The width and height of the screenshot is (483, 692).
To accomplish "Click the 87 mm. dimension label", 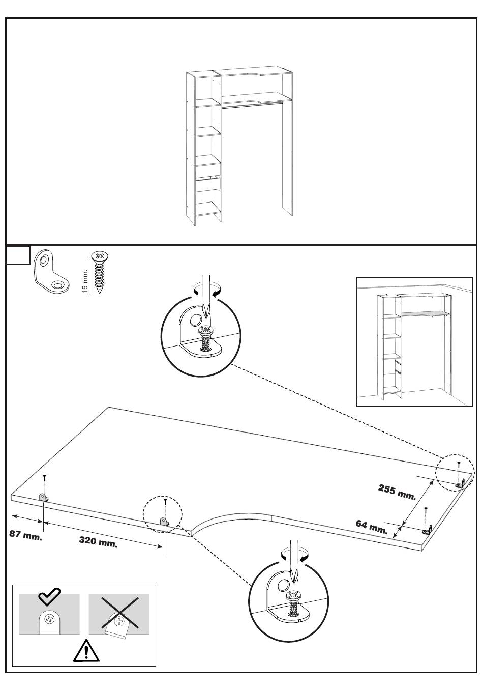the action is click(25, 535).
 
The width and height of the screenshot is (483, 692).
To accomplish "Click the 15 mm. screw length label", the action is click(85, 281).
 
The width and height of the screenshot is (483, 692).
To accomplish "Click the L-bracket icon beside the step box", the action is click(51, 271).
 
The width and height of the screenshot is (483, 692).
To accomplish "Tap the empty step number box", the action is click(18, 255).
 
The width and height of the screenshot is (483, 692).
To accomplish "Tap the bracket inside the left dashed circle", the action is click(164, 522).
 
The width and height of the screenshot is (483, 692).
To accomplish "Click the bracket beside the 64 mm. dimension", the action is click(428, 530).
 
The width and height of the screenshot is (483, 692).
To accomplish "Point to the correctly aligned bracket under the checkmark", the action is click(49, 622).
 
